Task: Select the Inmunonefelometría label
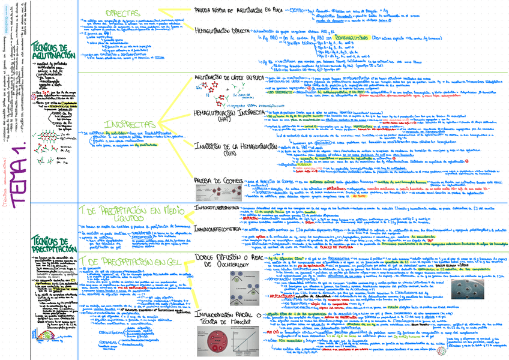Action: pyautogui.click(x=218, y=229)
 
